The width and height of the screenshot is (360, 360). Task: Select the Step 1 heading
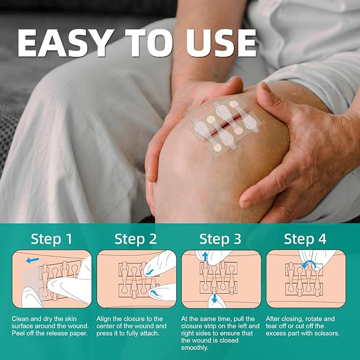(52, 239)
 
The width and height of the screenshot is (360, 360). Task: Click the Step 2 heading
(136, 239)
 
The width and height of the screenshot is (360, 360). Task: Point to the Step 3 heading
(221, 239)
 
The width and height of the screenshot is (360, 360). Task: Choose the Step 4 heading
(305, 239)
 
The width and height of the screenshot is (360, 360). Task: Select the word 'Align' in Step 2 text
(106, 319)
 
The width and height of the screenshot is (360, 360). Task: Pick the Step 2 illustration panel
(136, 279)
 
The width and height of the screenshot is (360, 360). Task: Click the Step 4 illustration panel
(305, 279)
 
